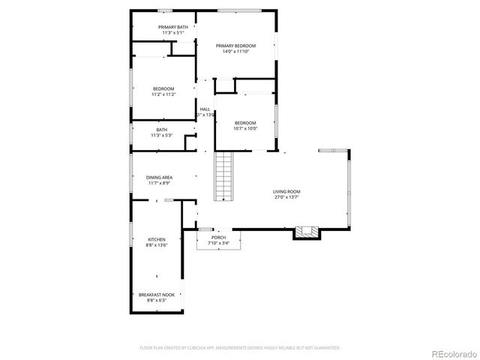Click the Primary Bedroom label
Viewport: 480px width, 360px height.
(235, 46)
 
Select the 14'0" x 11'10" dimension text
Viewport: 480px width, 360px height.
(235, 52)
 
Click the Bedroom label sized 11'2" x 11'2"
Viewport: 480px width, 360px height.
(163, 88)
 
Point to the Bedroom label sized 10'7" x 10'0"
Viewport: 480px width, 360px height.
(245, 123)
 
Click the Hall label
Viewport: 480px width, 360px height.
(205, 109)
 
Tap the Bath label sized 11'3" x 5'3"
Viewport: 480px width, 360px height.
(161, 130)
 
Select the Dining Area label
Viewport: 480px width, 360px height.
(159, 177)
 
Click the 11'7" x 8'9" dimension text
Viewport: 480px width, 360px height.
(159, 183)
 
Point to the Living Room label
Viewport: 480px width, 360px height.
(286, 191)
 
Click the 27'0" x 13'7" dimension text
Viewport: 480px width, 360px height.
(286, 197)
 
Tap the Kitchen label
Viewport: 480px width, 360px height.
(157, 239)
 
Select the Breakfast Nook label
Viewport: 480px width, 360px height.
(157, 295)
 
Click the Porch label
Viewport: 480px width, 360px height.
(218, 237)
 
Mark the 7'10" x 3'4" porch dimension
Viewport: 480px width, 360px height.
(218, 243)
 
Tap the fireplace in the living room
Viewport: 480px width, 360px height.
(305, 232)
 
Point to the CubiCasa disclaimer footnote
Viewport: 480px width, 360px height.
(240, 348)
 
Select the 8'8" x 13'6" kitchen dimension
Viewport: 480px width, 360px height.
(157, 245)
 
